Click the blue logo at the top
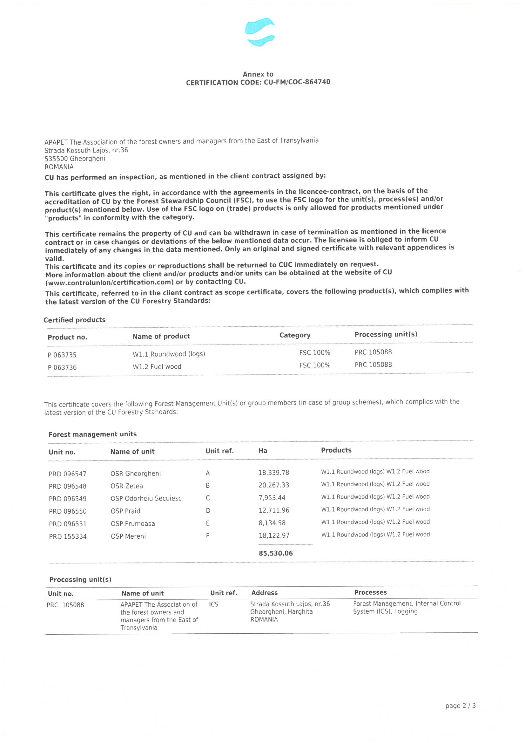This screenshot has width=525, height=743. (260, 32)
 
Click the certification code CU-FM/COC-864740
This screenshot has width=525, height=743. (297, 82)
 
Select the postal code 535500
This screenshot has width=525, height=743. (56, 159)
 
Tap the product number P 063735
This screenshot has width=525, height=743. (62, 355)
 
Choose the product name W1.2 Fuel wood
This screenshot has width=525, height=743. (157, 367)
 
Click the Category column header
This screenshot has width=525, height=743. (295, 335)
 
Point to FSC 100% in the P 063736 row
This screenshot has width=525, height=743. (314, 365)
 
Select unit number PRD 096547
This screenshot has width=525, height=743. (68, 474)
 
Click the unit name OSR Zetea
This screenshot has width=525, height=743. (126, 486)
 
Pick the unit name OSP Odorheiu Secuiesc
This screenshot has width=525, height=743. (146, 498)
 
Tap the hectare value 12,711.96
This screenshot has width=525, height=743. (274, 510)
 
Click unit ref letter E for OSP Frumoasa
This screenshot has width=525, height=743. (208, 523)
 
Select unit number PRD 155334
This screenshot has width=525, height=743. (68, 536)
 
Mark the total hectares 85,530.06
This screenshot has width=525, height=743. (276, 553)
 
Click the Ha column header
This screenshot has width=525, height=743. (263, 451)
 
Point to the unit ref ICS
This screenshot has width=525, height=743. (213, 604)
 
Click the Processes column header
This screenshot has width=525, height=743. (370, 592)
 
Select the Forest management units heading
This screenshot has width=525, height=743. (92, 434)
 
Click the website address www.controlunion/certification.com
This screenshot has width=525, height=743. (109, 282)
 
